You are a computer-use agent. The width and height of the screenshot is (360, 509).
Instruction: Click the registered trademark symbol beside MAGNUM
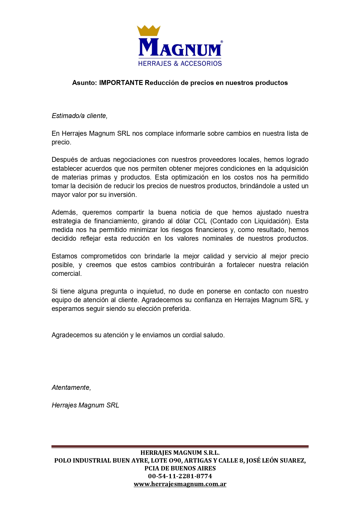click(x=222, y=42)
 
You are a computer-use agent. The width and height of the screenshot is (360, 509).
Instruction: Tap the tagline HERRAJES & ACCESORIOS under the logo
click(x=180, y=64)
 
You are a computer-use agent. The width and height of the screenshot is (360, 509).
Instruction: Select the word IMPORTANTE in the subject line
click(x=121, y=83)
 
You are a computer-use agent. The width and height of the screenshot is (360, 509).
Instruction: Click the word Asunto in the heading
click(x=84, y=83)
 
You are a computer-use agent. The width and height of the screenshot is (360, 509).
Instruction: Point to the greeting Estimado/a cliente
click(x=79, y=116)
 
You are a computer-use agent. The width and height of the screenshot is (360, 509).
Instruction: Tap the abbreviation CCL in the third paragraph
click(x=200, y=221)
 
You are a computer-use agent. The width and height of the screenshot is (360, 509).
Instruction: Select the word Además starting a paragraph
click(x=64, y=213)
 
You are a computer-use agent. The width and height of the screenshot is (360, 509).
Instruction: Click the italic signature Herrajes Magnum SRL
click(x=85, y=405)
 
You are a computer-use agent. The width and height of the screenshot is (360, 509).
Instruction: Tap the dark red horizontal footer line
click(x=180, y=447)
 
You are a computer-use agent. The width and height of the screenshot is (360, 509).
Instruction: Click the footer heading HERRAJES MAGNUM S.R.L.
click(x=180, y=453)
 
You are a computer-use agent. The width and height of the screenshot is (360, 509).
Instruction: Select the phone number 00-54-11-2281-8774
click(x=180, y=476)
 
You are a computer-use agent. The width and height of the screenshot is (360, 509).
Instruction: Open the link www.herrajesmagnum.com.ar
click(x=180, y=484)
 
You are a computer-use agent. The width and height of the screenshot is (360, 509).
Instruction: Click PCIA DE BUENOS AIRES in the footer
click(x=180, y=468)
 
